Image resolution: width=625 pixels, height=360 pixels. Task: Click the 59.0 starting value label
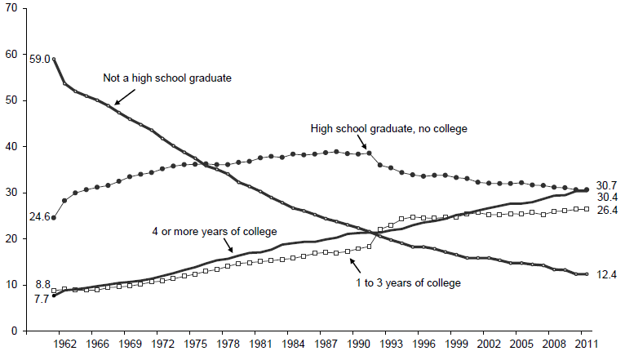tap(39, 59)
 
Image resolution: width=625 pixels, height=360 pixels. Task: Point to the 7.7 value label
tap(41, 300)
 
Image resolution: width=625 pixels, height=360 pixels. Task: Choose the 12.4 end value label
tap(606, 275)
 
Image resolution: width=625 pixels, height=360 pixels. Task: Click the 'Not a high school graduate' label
tap(168, 78)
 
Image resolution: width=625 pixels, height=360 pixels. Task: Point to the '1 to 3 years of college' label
tap(408, 282)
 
